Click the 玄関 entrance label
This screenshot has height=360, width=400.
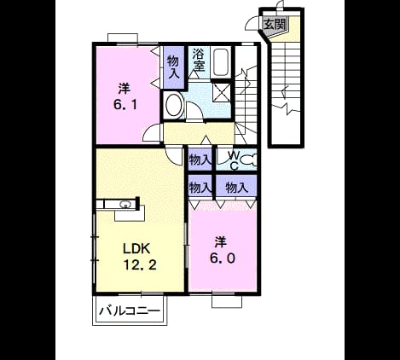point(275,24)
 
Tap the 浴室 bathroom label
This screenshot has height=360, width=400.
point(199,60)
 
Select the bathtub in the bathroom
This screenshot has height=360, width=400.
point(221,62)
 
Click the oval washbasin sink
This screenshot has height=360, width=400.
point(173,105)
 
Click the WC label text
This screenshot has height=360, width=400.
point(234,160)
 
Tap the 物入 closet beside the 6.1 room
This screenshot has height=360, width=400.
point(173,67)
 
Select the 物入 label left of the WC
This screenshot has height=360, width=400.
point(200,160)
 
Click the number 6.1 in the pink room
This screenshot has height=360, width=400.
point(125,105)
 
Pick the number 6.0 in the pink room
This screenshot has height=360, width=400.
point(223,258)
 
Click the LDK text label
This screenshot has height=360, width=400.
point(136,249)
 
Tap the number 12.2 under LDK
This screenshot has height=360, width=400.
point(140,265)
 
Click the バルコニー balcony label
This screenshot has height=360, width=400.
point(130,311)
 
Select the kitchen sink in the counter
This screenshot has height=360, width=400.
point(125,205)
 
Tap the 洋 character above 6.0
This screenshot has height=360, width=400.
point(220,242)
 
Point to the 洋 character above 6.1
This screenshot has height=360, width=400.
point(125,89)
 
